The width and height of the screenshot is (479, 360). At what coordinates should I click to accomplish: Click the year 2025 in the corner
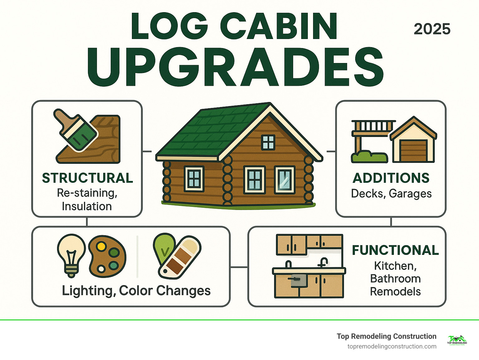432,29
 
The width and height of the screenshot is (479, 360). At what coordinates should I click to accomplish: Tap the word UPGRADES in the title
235,68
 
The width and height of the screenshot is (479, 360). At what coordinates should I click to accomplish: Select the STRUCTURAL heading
88,178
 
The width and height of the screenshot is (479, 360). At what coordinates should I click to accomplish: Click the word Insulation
87,207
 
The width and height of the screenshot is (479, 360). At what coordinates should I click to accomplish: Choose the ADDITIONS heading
391,178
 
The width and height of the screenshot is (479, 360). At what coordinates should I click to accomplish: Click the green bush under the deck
370,157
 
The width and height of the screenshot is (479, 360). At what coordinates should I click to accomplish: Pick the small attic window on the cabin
268,142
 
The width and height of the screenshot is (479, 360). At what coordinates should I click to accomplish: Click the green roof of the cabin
206,131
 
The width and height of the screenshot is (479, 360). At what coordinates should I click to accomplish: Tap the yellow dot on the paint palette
101,246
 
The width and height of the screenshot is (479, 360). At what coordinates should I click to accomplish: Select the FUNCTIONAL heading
395,250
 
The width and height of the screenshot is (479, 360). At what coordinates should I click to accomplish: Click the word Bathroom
395,279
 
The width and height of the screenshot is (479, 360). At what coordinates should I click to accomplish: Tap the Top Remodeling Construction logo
457,340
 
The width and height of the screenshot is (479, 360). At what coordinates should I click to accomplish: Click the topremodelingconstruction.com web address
392,347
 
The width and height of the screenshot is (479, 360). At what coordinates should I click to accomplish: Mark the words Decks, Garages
391,194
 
